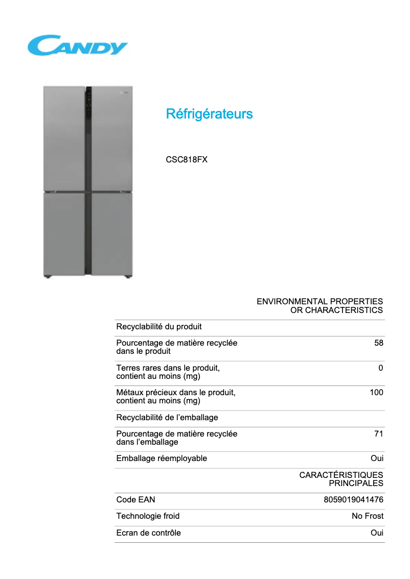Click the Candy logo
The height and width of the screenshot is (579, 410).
click(x=77, y=45)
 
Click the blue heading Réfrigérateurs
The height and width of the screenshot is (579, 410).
click(x=209, y=114)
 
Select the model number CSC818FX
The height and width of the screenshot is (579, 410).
click(x=187, y=159)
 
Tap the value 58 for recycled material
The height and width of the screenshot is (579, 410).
click(x=378, y=343)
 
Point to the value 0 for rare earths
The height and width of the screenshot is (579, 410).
click(x=380, y=368)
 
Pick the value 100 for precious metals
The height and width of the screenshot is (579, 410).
click(x=376, y=393)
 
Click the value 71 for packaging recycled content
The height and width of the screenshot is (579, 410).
click(x=378, y=434)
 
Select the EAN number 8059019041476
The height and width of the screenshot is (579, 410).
click(x=353, y=500)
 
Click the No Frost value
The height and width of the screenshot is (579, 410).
click(x=367, y=516)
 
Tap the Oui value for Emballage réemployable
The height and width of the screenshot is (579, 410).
click(x=377, y=459)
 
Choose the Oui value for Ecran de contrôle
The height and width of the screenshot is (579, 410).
click(x=377, y=533)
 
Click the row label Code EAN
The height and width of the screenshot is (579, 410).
click(x=135, y=500)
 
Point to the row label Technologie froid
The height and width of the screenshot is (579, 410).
click(x=148, y=516)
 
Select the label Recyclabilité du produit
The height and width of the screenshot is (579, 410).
click(x=159, y=327)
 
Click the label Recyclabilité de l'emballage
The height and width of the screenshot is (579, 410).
click(x=167, y=418)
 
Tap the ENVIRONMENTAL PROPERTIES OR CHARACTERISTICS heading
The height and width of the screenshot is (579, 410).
click(x=320, y=306)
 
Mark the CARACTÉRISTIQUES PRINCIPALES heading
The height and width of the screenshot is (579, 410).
click(x=341, y=479)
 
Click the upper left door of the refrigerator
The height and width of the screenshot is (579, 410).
click(x=64, y=138)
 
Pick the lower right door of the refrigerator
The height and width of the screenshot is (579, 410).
click(x=111, y=234)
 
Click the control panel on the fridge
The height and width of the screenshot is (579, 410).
click(x=88, y=105)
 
